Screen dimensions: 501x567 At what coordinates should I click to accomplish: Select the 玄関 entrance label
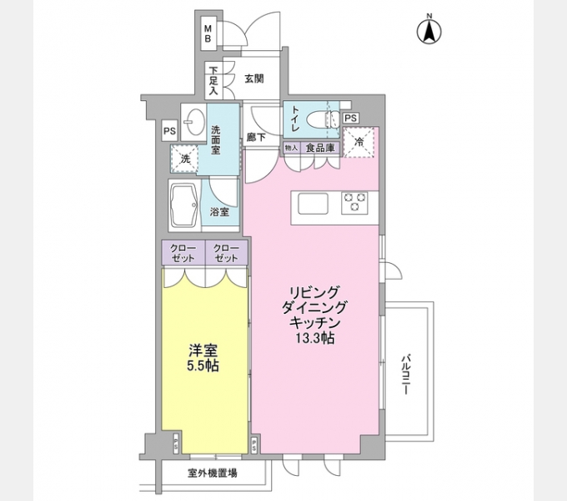[254, 79]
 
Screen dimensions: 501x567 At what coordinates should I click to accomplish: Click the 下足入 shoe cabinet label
[214, 79]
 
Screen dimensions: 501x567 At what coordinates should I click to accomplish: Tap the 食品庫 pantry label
[319, 148]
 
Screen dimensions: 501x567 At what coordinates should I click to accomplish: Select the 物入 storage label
[291, 148]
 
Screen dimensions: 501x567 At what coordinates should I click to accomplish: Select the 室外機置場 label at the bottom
[211, 473]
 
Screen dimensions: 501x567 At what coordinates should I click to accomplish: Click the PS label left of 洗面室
[169, 130]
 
